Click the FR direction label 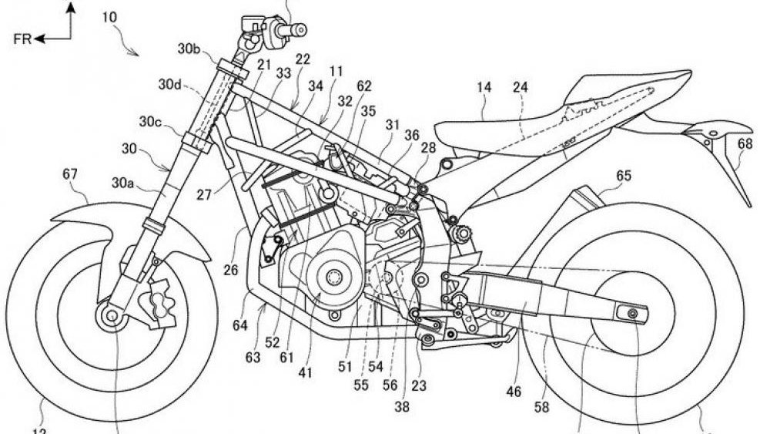coord(22,39)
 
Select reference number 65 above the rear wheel coord(624,177)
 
